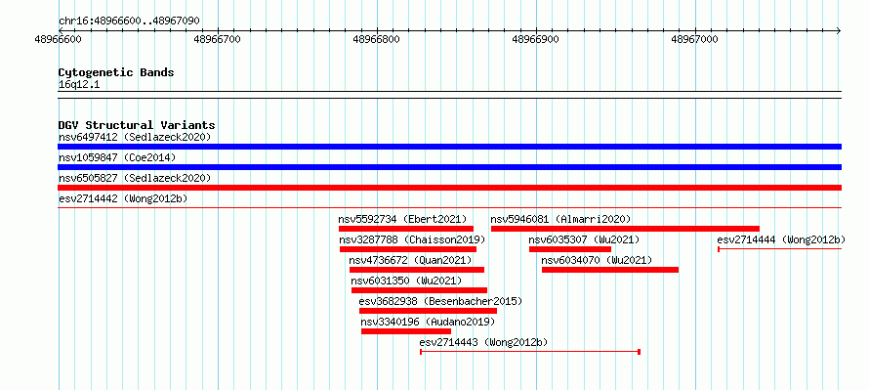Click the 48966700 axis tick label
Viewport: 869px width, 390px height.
218,39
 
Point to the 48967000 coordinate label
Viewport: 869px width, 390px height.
695,39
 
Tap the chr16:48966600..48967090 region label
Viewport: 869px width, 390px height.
129,22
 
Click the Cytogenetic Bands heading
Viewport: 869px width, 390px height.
116,72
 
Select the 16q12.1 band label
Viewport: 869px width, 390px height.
79,85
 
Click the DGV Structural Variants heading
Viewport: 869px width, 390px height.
137,125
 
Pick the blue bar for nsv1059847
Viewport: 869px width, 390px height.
449,167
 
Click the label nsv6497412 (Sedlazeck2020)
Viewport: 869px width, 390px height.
135,137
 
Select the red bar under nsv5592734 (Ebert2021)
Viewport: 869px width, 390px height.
405,229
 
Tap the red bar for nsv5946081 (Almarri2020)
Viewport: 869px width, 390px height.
625,229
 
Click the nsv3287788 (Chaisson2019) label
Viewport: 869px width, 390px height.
412,239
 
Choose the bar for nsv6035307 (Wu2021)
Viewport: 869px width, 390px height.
569,249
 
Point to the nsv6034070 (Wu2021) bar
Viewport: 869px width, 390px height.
609,270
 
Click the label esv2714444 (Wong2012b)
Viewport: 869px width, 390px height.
781,239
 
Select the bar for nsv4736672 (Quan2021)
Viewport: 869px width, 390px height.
417,270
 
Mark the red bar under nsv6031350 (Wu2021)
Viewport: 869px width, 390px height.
419,290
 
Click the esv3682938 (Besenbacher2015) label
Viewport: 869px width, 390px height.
440,301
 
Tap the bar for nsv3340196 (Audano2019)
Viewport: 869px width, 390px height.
405,331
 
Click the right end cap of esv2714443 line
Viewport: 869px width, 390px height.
640,352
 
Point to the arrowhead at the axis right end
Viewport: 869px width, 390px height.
839,30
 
